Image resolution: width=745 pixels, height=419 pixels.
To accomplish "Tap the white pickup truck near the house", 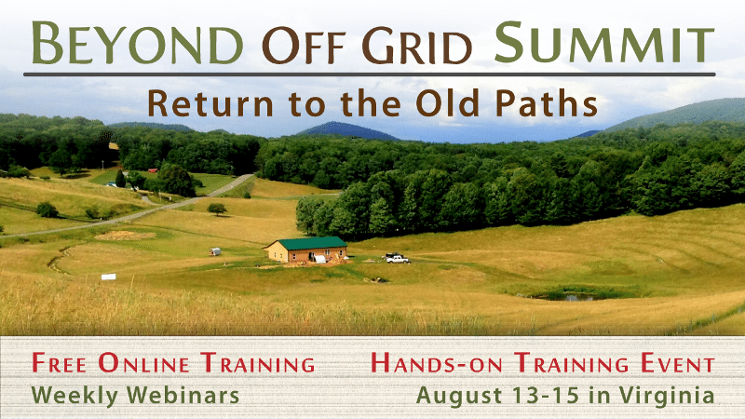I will point(397,258).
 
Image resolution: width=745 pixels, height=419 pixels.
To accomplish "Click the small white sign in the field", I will point(108,277).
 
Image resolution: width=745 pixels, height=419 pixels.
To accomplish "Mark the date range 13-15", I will point(532,394).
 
